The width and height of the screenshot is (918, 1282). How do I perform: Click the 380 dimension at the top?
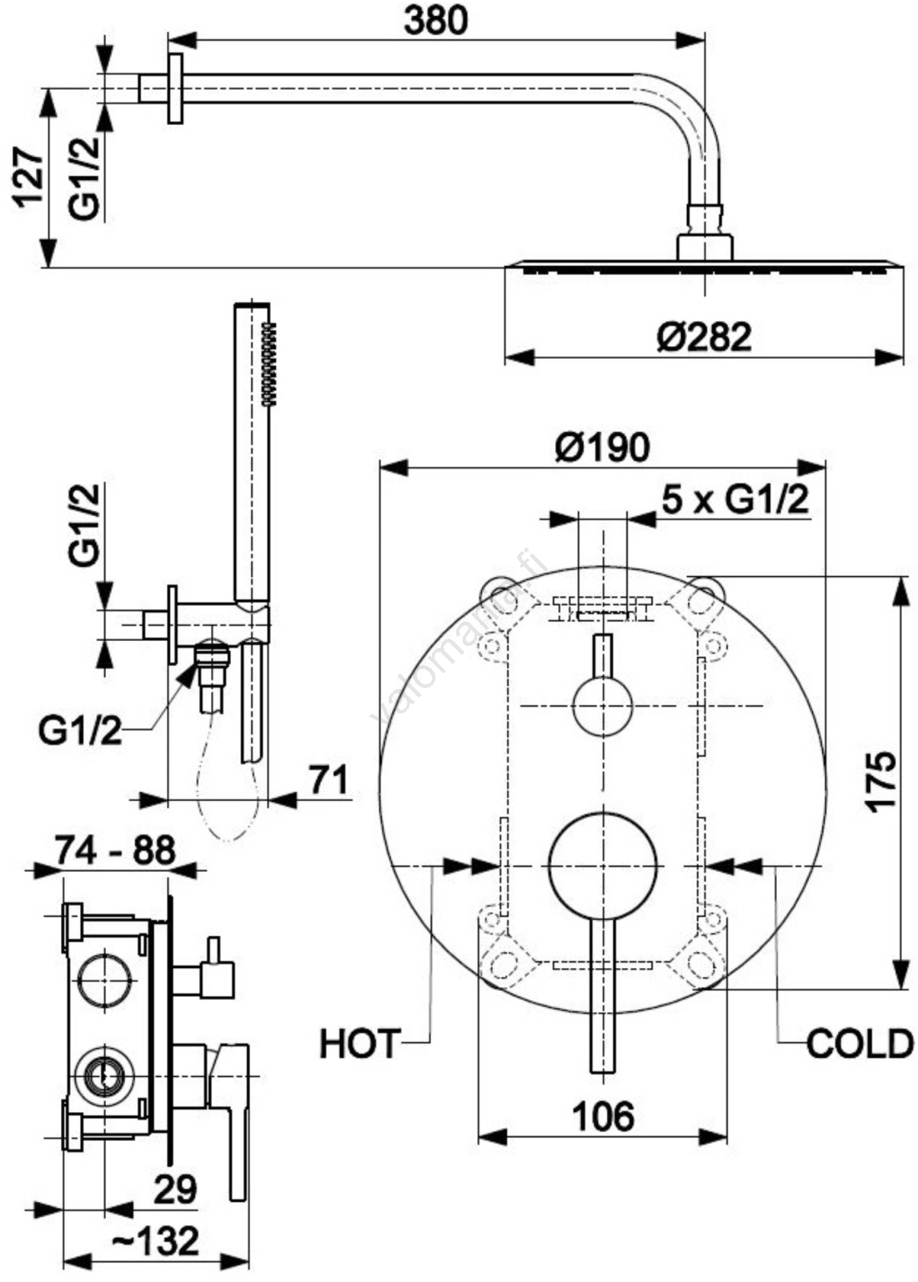point(436,21)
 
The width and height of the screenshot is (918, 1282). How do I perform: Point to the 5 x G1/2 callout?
point(735,499)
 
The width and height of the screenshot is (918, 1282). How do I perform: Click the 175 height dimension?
point(881,781)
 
